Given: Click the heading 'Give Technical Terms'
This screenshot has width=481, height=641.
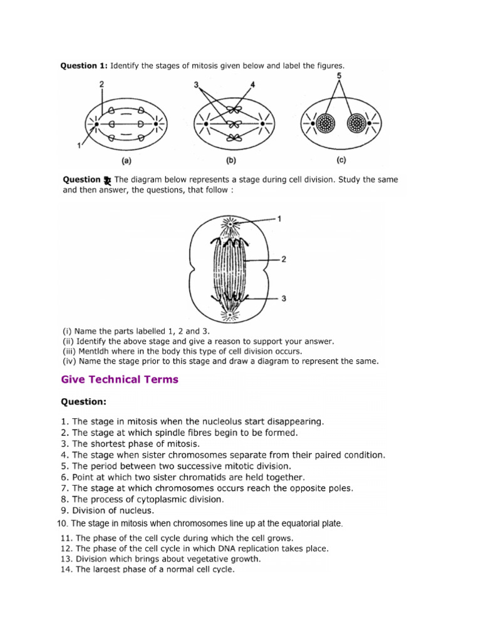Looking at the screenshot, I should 120,379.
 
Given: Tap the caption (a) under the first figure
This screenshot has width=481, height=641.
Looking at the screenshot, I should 126,160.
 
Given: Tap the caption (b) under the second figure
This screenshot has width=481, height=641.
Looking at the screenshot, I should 230,160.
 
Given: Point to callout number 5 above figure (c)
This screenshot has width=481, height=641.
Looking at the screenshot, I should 339,76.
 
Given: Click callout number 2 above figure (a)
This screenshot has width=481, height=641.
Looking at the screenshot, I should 101,83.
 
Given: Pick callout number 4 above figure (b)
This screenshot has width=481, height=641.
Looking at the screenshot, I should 253,84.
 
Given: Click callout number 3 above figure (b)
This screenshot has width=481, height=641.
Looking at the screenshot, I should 196,84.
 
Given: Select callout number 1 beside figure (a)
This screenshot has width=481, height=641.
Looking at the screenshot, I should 79,145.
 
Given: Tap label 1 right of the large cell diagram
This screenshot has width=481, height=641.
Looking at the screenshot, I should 279,219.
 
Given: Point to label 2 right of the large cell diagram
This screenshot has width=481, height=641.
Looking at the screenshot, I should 284,259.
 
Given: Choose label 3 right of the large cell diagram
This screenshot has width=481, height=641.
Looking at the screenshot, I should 284,299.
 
